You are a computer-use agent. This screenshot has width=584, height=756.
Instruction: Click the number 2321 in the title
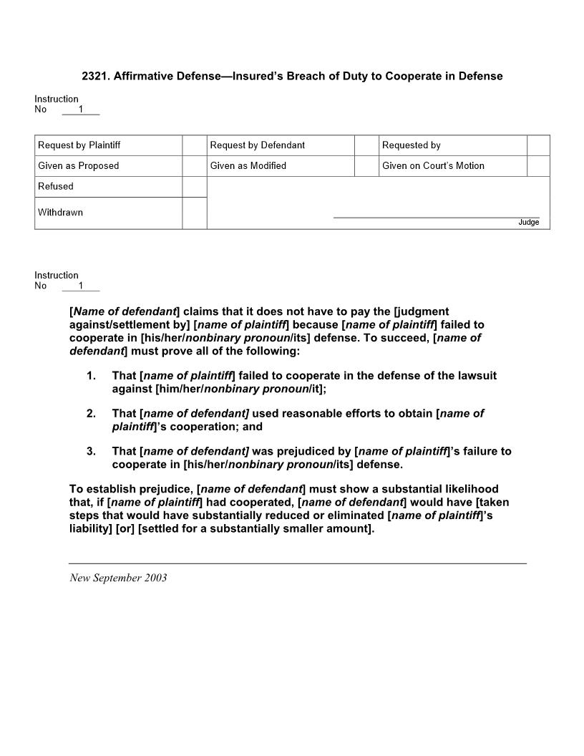[x=94, y=76]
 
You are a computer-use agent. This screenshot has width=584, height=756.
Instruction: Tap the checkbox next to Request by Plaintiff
[x=194, y=145]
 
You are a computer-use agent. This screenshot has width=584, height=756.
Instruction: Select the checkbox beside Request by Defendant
[x=366, y=145]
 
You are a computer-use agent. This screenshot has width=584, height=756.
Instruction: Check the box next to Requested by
[x=538, y=145]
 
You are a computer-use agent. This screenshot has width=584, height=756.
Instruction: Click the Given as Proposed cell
[x=79, y=166]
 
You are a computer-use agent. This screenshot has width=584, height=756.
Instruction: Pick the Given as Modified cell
[x=248, y=166]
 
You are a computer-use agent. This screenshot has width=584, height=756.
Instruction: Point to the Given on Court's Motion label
[x=433, y=166]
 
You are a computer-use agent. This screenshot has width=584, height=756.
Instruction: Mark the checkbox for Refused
[x=194, y=187]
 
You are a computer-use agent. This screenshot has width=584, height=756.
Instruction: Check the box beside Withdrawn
[x=194, y=213]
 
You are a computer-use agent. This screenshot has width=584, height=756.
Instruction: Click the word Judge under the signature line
[x=529, y=223]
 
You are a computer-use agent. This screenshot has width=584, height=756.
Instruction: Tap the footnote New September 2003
[x=118, y=578]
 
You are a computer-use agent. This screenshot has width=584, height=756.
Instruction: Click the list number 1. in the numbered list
[x=91, y=376]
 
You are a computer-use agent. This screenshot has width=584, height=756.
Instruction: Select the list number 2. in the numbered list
[x=91, y=414]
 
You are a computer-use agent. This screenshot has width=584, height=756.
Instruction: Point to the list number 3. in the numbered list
[x=91, y=452]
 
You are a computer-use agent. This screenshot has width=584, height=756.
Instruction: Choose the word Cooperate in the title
[x=412, y=76]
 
